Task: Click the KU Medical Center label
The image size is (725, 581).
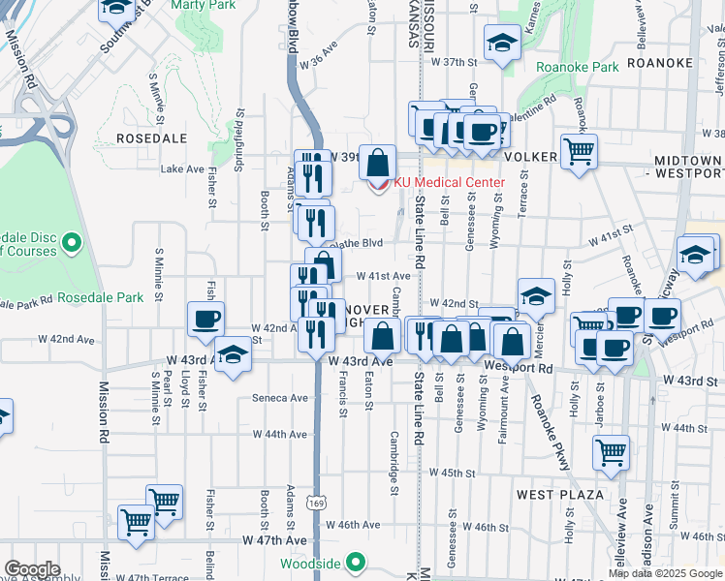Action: [449, 183]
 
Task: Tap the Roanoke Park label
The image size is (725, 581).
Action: [577, 68]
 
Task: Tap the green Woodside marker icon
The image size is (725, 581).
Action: [357, 561]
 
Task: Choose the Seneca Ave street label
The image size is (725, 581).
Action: [280, 398]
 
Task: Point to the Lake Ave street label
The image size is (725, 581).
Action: [182, 168]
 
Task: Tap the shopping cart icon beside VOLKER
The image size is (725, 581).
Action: [579, 150]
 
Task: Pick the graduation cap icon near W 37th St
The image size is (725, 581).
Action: [502, 44]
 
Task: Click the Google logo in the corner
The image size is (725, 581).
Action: [32, 568]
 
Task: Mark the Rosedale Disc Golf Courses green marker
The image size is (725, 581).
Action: [71, 241]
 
